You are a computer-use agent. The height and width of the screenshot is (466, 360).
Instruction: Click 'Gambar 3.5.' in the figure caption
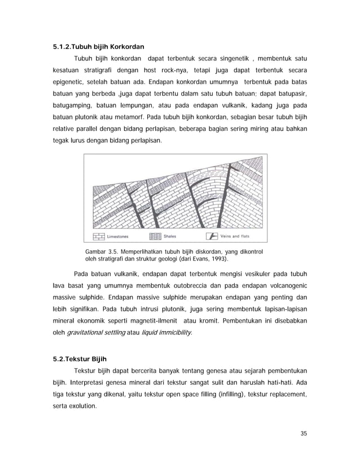(99, 251)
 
